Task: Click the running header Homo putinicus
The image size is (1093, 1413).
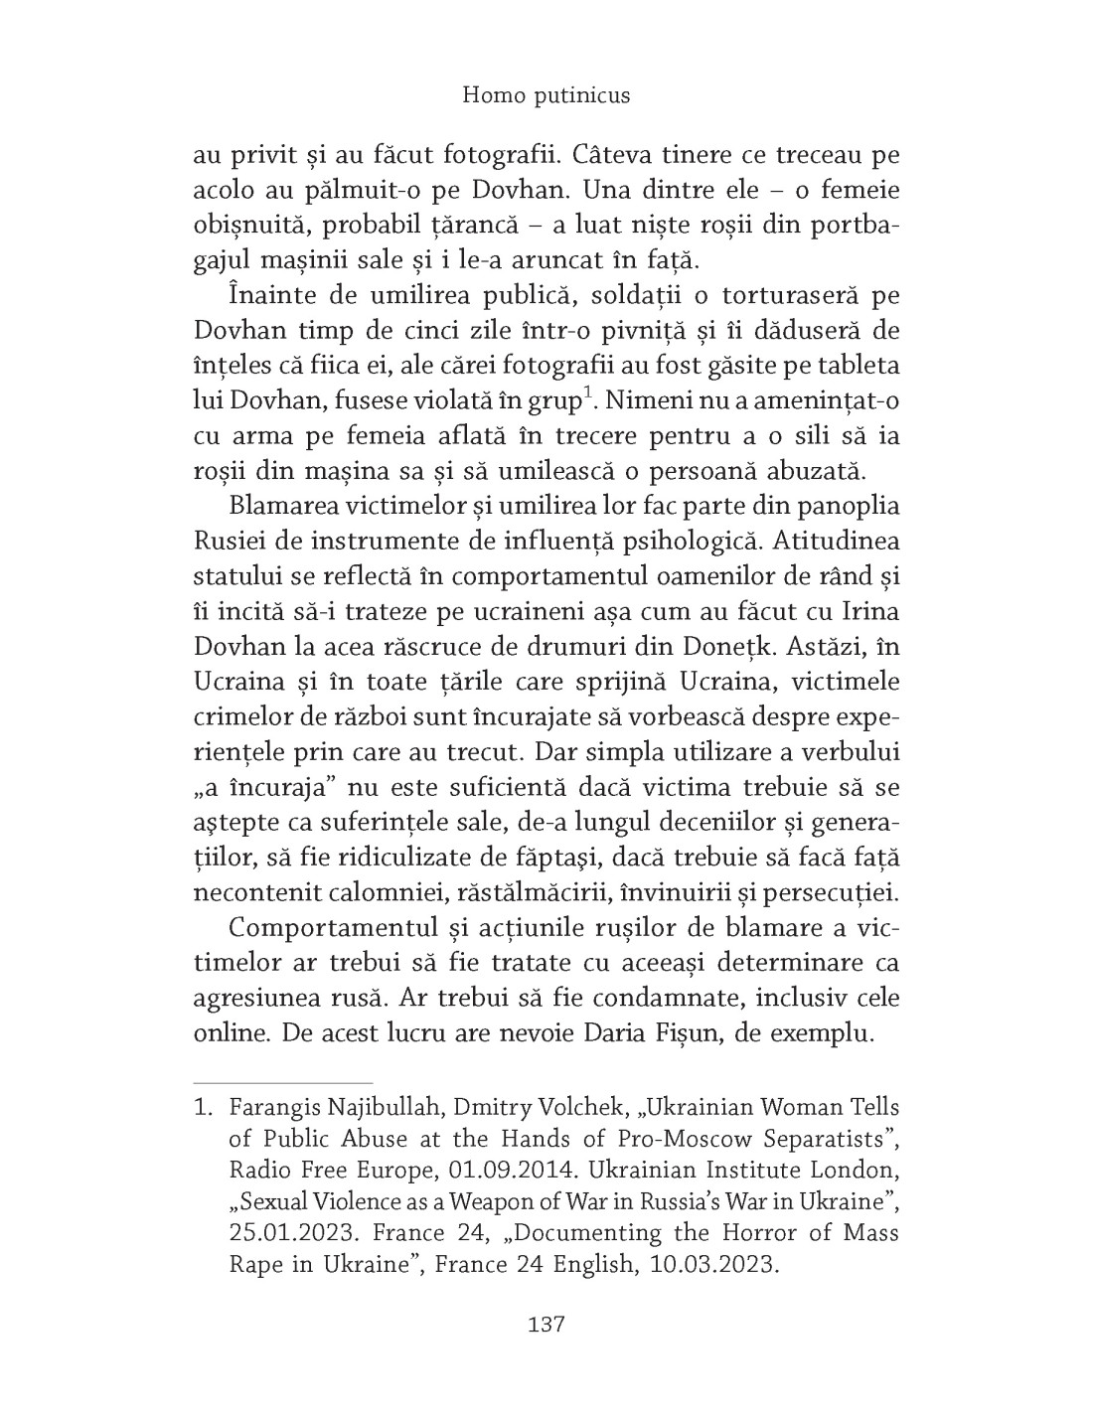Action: point(546,95)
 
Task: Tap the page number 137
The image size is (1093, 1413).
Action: point(546,1325)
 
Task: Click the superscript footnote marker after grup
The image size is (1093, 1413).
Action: point(588,396)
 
